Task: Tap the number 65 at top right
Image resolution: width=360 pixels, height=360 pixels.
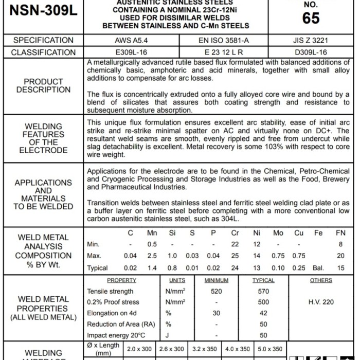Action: click(311, 17)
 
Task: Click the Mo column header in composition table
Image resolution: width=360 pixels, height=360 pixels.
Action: click(278, 233)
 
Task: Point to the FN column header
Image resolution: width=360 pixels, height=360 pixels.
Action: click(340, 233)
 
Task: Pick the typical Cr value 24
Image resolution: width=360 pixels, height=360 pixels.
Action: click(235, 268)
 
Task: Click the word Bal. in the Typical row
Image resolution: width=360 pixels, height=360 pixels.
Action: click(319, 268)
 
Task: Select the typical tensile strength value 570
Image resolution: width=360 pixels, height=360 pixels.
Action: click(263, 292)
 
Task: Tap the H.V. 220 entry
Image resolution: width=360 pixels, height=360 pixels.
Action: click(321, 302)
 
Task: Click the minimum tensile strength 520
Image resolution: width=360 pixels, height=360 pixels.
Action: click(216, 292)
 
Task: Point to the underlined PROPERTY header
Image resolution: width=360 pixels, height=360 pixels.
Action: click(121, 280)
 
